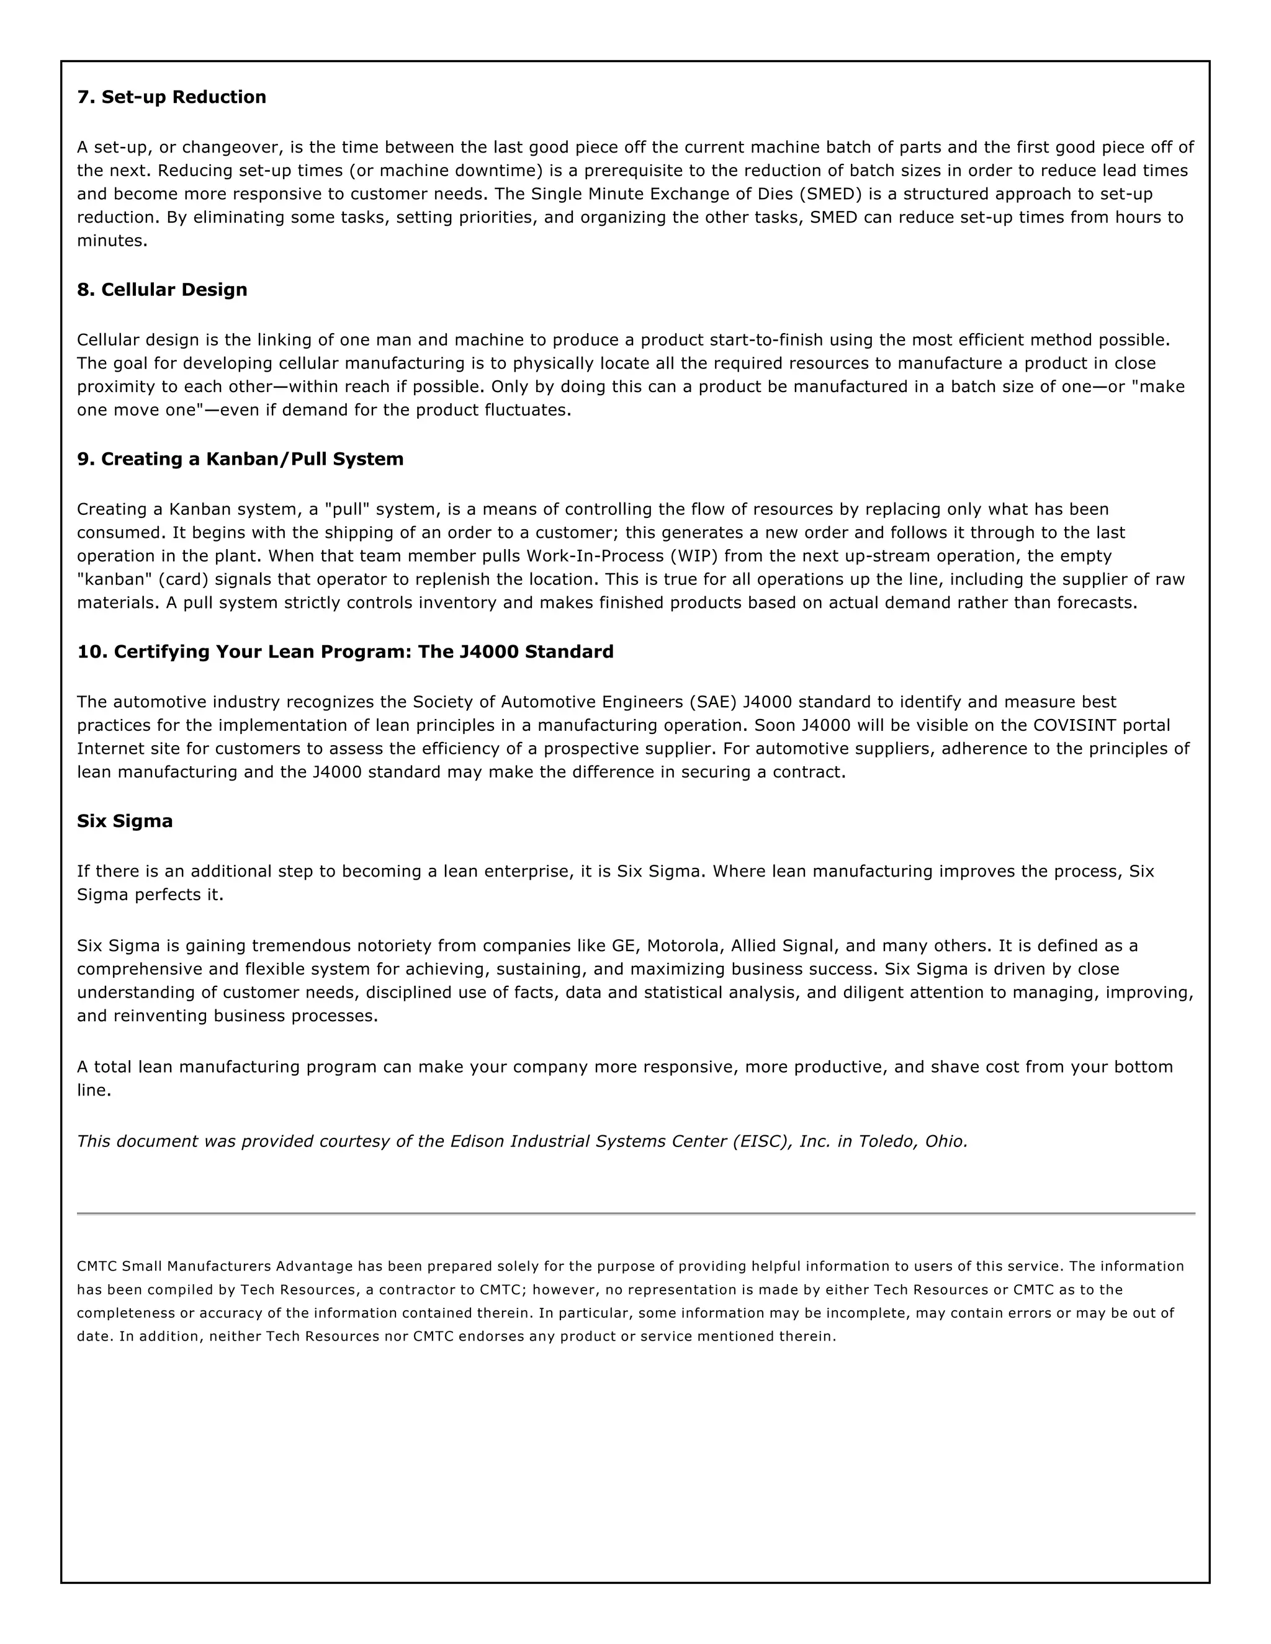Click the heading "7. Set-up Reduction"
click(172, 97)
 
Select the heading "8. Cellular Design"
click(162, 290)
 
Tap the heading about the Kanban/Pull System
click(240, 459)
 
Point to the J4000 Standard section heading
click(345, 652)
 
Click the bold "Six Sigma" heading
click(125, 821)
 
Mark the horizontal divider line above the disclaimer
click(635, 1213)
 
